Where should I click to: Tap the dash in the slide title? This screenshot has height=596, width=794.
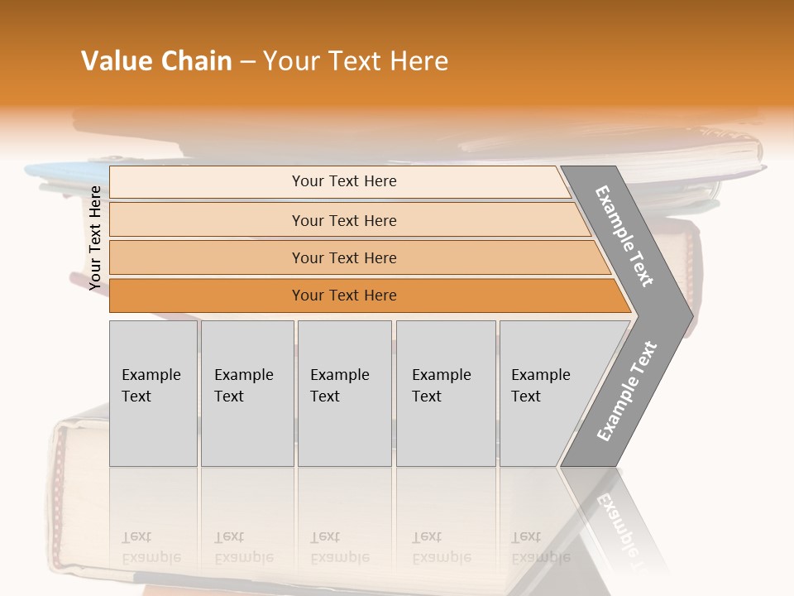pos(247,62)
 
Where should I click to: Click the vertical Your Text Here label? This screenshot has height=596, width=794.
pos(95,238)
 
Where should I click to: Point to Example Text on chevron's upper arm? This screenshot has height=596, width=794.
pos(624,236)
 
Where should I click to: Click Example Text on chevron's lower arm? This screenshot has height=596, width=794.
pos(627,392)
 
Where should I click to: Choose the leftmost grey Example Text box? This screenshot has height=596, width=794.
pos(153,393)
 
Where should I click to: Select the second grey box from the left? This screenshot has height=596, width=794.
pos(246,393)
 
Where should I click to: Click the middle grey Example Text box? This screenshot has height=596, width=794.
pos(344,393)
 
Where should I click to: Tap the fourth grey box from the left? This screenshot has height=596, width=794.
pos(446,393)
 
